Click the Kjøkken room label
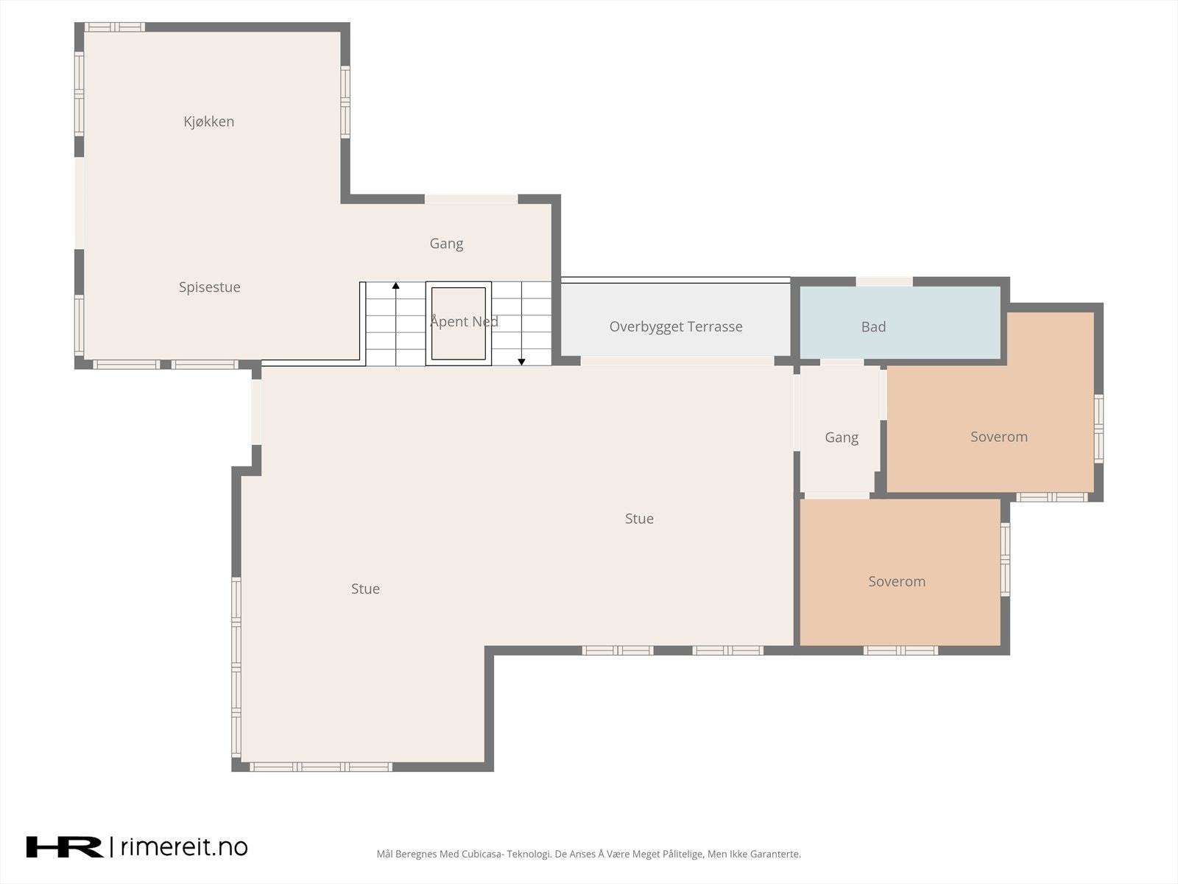(209, 122)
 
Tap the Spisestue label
(209, 287)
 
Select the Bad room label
(873, 327)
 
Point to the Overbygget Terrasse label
(676, 327)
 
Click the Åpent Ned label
(464, 321)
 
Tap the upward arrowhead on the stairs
(395, 286)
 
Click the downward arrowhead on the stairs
(521, 362)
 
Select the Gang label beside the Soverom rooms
(841, 438)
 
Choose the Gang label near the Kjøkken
(446, 244)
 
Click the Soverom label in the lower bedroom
(897, 581)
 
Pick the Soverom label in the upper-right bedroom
(999, 437)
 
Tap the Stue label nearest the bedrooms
(639, 519)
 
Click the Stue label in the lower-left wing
(365, 589)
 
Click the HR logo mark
(64, 847)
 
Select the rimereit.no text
(184, 847)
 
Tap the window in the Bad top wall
(884, 282)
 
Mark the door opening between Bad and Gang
(842, 363)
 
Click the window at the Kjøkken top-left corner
(114, 27)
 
